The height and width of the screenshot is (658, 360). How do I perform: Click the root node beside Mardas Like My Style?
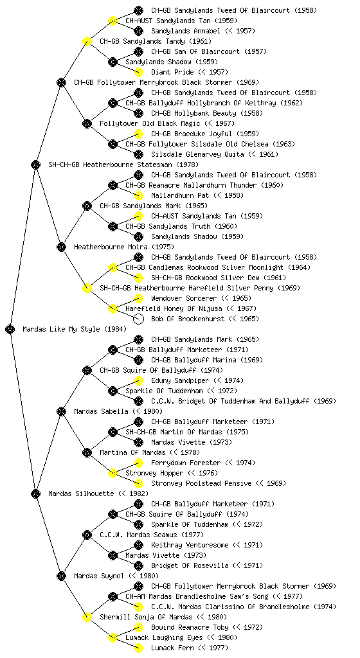[10, 329]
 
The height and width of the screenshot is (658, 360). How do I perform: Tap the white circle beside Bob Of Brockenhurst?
[138, 319]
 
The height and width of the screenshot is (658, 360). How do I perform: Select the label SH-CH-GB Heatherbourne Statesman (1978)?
[123, 164]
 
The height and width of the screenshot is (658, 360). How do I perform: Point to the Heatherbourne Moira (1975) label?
[124, 247]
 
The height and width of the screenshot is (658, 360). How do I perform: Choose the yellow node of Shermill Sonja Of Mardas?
[87, 617]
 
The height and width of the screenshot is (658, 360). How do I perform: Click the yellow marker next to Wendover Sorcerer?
[138, 298]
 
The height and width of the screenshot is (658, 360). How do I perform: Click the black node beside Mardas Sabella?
[61, 411]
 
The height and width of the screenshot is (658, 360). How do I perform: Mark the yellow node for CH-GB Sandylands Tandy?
[87, 41]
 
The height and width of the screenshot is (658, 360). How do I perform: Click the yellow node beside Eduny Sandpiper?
[138, 380]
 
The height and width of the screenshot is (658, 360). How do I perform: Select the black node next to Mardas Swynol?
[61, 576]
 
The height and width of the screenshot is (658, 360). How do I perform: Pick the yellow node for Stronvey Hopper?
[113, 473]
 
